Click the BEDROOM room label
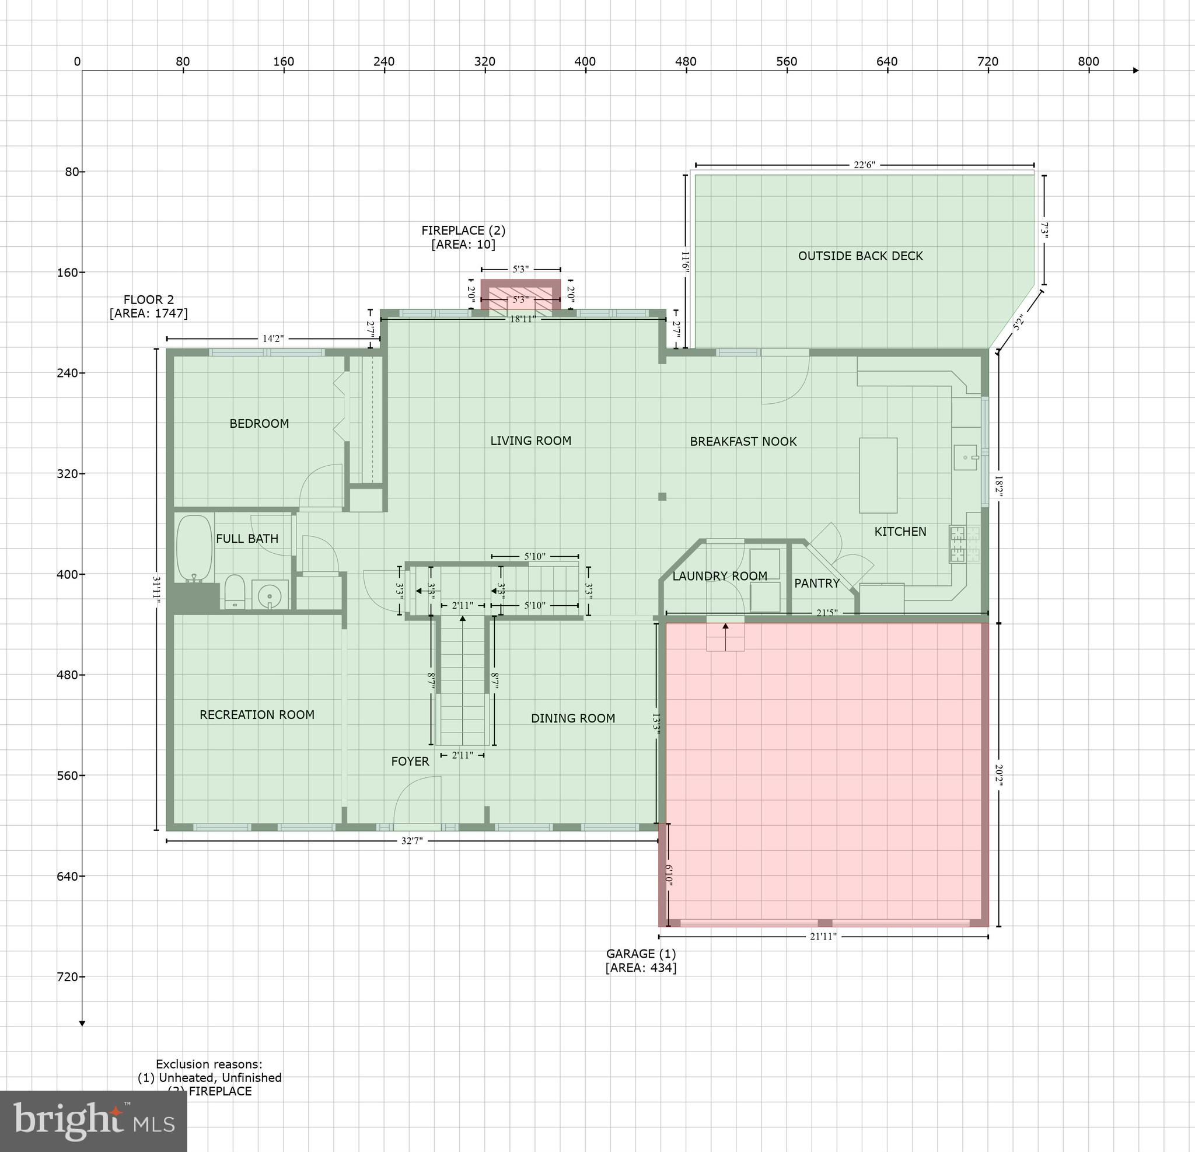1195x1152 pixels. coord(259,423)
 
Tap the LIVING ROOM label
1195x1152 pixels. coord(530,440)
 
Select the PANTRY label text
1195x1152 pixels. coord(816,583)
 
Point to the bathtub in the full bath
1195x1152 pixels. coord(194,548)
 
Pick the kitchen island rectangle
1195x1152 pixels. coord(878,475)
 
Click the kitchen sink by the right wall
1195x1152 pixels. coord(966,457)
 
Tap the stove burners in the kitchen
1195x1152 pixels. coord(964,544)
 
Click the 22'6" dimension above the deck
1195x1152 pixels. coord(864,165)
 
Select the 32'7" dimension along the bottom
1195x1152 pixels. coord(411,841)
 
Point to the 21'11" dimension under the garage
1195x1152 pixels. coord(823,936)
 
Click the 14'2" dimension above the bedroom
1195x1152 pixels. coord(272,338)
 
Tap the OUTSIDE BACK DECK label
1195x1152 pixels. coord(860,256)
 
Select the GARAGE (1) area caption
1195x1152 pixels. coord(641,961)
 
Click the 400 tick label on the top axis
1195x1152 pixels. coord(585,62)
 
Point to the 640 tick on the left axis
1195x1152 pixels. coord(71,877)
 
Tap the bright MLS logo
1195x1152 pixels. coord(93,1121)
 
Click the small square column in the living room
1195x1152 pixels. coord(662,497)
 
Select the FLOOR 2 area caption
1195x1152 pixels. coord(149,306)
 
